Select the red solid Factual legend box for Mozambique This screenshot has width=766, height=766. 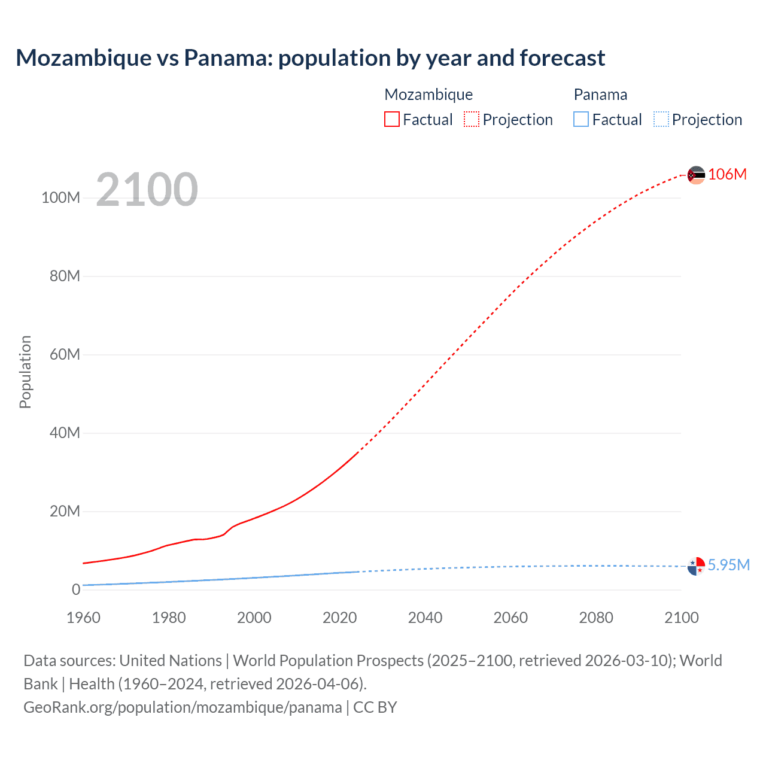tap(391, 119)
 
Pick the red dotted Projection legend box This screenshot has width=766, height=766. tap(472, 119)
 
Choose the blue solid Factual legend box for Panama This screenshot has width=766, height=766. tap(581, 119)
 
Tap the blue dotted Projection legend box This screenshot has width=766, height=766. tap(661, 119)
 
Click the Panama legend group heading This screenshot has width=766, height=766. tap(600, 95)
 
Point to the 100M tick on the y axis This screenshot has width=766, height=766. tap(60, 197)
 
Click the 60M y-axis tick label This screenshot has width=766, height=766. tap(65, 354)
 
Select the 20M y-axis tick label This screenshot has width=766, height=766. tap(65, 511)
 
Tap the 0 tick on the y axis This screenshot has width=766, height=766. tap(76, 589)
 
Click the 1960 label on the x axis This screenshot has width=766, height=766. tap(83, 618)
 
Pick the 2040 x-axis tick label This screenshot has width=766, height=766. tap(425, 618)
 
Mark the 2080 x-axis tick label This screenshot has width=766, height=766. tap(596, 618)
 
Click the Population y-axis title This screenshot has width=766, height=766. tap(25, 372)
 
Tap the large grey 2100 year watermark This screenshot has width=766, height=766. tap(147, 190)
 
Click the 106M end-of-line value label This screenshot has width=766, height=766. tap(727, 174)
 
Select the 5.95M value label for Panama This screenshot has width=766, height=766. tap(728, 565)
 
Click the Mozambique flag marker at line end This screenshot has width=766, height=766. tap(696, 175)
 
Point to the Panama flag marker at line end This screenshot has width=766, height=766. tap(696, 566)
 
